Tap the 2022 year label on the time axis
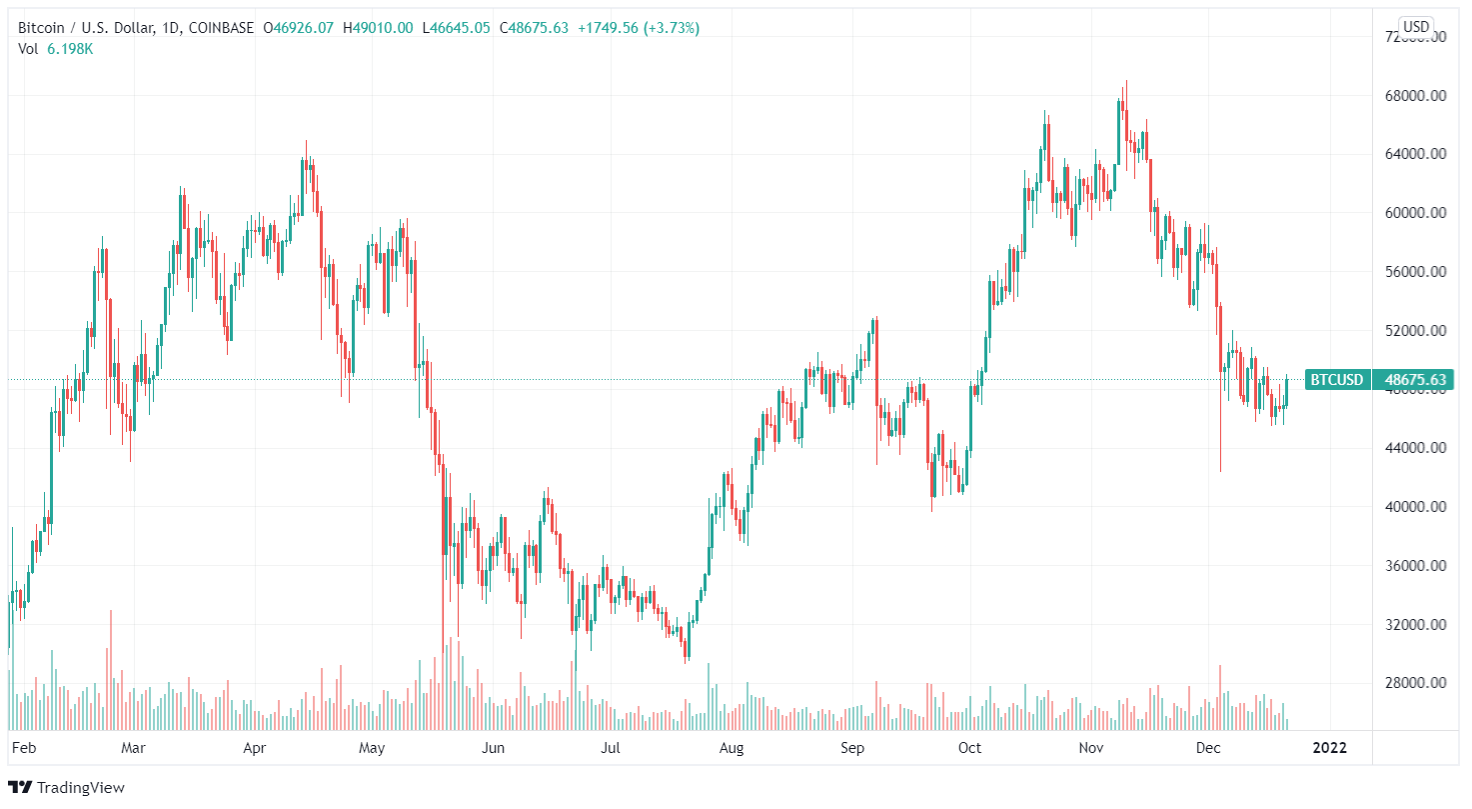[1329, 748]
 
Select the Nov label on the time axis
[1090, 748]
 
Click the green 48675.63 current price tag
[1415, 380]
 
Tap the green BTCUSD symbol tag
[1337, 380]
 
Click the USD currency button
[1415, 26]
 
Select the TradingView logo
[67, 788]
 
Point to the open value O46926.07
[298, 28]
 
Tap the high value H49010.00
[377, 28]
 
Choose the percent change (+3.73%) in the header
[673, 28]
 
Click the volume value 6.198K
[70, 48]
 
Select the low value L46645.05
[455, 28]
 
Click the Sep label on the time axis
[851, 748]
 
